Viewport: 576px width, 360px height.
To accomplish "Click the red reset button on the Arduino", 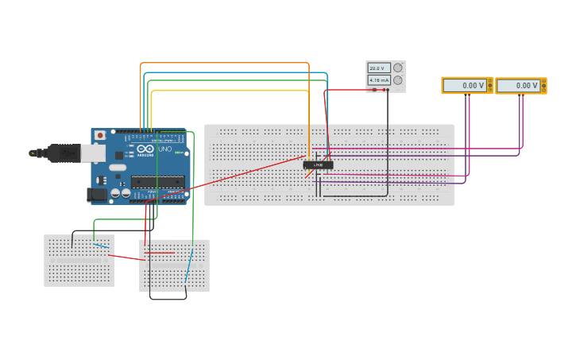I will coord(100,136).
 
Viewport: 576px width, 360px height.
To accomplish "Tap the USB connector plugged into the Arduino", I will coord(68,153).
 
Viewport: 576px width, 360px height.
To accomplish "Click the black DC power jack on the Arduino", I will coord(97,194).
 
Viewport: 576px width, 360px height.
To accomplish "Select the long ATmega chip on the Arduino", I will coord(157,182).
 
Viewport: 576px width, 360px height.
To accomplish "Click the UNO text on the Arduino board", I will coord(165,149).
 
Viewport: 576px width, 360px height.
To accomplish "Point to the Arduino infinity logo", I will coord(145,149).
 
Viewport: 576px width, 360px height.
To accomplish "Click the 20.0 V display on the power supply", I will coord(379,68).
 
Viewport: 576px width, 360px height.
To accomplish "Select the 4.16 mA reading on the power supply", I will coord(379,80).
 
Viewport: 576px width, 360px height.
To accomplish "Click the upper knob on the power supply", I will coord(398,68).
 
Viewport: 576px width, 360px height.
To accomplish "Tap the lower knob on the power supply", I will coord(398,80).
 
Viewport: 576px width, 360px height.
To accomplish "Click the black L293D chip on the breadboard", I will coord(318,165).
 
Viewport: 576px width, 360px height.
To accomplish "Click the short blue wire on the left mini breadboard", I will coord(101,246).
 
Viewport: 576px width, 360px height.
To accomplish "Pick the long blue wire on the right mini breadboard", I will coord(188,266).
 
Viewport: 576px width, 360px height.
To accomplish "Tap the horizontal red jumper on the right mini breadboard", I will coord(160,253).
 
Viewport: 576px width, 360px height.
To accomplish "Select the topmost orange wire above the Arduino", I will coord(222,63).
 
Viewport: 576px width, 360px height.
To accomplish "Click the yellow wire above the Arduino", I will coord(230,91).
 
